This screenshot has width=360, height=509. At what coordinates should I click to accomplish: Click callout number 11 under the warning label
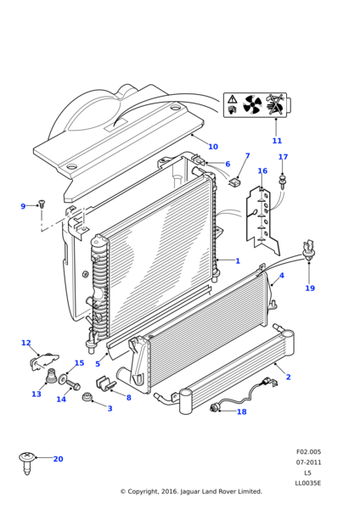point(277,141)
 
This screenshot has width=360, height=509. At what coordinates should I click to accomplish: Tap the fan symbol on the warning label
point(252,104)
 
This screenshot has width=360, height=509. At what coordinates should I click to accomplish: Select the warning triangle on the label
point(233,99)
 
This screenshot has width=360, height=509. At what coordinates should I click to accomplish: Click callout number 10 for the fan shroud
point(213,147)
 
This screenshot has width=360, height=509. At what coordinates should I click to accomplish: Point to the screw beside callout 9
point(42,204)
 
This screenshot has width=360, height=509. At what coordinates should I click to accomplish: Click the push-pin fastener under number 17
point(282,182)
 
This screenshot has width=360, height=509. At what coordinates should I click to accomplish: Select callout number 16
point(262,171)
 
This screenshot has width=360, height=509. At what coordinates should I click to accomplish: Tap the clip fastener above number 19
point(309,250)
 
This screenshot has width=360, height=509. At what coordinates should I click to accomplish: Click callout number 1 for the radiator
point(238,260)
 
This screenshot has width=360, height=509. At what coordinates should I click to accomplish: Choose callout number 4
point(282,276)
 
